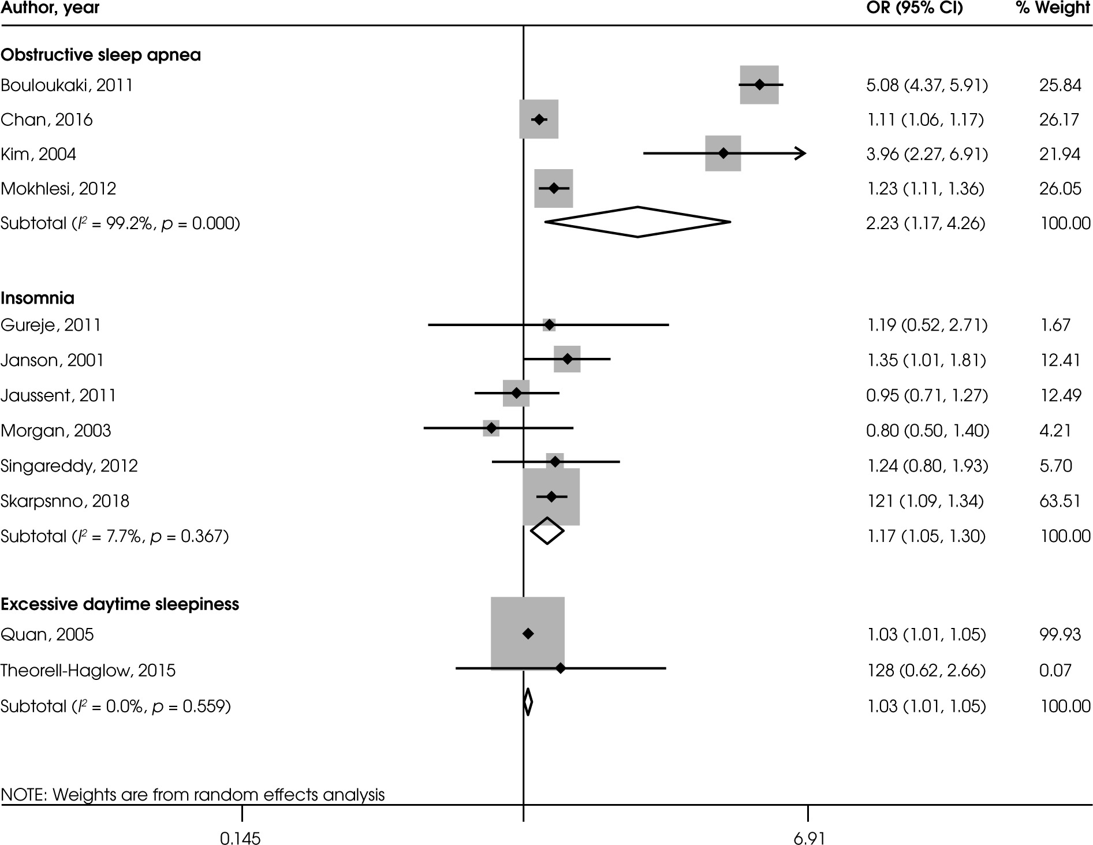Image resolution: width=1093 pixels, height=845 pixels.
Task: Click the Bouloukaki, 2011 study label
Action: pos(67,85)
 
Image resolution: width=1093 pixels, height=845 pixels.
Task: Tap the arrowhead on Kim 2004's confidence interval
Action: pos(801,154)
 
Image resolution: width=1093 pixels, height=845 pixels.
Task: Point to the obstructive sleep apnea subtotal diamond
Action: pos(637,222)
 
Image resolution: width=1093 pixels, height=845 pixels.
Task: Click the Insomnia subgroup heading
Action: pos(38,298)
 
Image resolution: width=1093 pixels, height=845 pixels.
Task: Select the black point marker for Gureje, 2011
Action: pos(549,325)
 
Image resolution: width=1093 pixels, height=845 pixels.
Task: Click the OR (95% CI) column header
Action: pos(915,9)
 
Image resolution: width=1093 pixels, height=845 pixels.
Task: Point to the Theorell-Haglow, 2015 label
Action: pos(88,670)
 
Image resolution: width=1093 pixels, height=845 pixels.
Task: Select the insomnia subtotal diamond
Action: pos(547,531)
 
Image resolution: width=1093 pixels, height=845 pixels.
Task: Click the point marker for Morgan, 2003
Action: pos(491,428)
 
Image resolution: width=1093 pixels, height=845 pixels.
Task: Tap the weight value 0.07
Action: pos(1055,670)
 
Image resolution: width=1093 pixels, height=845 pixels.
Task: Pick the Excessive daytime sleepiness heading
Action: pos(120,604)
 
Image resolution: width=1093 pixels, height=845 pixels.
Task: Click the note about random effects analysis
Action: pos(193,795)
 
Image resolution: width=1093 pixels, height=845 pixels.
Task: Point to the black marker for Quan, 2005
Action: pos(528,634)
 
